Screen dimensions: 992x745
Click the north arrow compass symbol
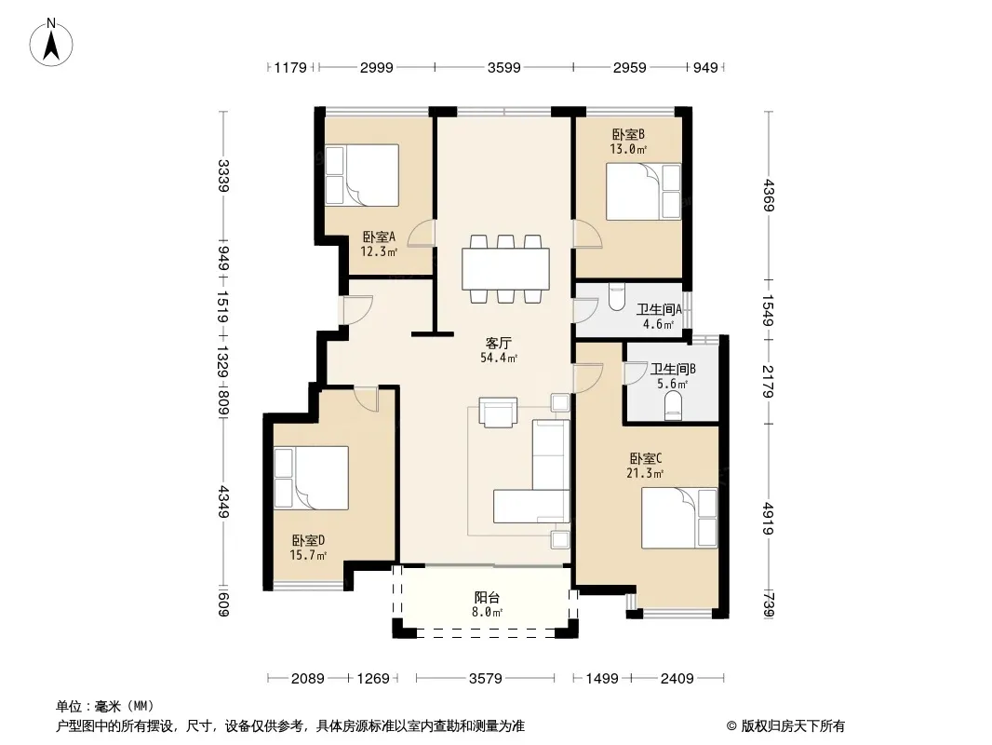click(51, 42)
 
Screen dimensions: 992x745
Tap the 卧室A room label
click(379, 237)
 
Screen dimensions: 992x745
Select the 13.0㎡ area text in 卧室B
click(628, 149)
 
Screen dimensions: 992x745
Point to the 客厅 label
click(499, 343)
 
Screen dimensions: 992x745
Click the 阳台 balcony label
click(487, 597)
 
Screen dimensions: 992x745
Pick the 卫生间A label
click(659, 309)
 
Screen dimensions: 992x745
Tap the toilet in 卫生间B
click(673, 406)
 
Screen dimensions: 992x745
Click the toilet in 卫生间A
click(615, 297)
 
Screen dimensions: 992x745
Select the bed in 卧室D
click(311, 478)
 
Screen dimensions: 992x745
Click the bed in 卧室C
click(679, 518)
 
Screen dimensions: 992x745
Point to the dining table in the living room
click(505, 269)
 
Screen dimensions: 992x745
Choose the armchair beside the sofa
click(498, 412)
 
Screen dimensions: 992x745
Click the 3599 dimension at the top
click(503, 67)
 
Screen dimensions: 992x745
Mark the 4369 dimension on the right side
click(769, 196)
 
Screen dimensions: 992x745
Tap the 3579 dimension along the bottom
click(485, 679)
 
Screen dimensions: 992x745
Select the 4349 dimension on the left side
click(222, 501)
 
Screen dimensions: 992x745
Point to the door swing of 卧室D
click(367, 399)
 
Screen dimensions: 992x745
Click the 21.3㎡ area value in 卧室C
click(645, 473)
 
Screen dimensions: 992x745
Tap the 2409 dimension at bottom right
click(677, 679)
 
